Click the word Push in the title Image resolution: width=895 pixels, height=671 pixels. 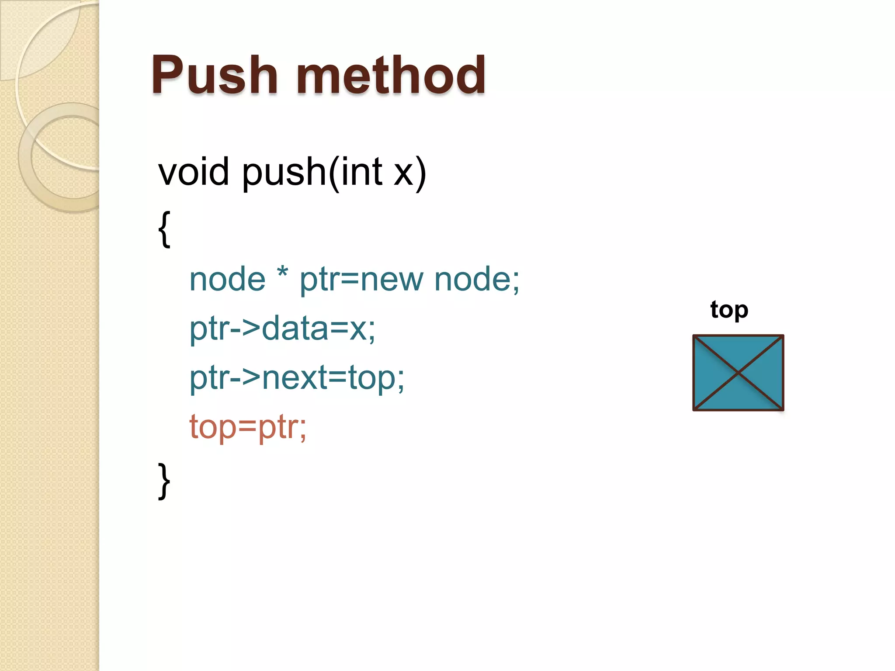214,75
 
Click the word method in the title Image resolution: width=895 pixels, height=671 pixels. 391,75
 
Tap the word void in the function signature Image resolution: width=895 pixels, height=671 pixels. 194,172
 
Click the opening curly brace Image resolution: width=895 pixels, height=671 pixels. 164,229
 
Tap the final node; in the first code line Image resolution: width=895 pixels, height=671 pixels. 477,279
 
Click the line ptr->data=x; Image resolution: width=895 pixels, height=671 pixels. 282,329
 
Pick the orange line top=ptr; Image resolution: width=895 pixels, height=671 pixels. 248,427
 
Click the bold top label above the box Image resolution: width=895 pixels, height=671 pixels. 729,310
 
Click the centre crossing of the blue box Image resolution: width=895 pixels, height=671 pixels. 738,373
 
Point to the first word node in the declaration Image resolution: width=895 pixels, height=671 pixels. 227,279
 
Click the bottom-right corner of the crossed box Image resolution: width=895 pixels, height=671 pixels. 782,409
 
